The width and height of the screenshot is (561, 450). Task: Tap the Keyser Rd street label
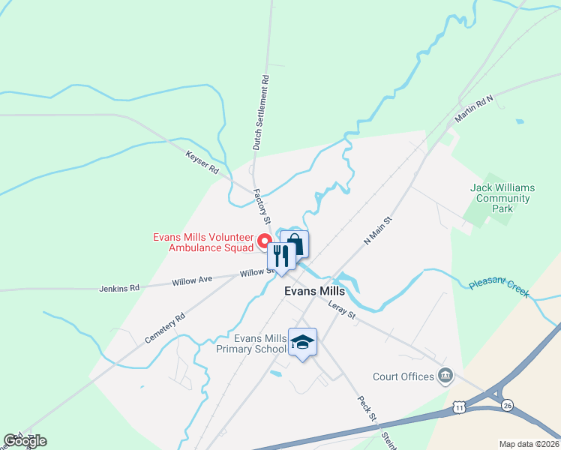(202, 163)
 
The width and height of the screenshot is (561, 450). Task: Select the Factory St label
(260, 207)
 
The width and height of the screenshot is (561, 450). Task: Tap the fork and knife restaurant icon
(280, 256)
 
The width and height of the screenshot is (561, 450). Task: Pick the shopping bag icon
(295, 244)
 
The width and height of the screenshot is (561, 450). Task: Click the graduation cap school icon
(302, 342)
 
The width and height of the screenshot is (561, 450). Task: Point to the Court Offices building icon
(445, 375)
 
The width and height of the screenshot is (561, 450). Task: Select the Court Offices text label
(403, 376)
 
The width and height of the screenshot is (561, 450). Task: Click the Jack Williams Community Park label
(500, 199)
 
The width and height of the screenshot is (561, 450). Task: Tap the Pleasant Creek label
(499, 289)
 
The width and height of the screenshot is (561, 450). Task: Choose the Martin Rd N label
(474, 109)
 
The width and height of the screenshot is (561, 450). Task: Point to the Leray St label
(341, 311)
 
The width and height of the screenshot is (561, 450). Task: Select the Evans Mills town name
(314, 292)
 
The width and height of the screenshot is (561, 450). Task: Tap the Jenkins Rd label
(120, 287)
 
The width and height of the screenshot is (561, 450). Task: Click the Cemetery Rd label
(165, 328)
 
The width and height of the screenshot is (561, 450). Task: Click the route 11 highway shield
(459, 406)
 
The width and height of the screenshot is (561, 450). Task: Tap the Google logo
(24, 441)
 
